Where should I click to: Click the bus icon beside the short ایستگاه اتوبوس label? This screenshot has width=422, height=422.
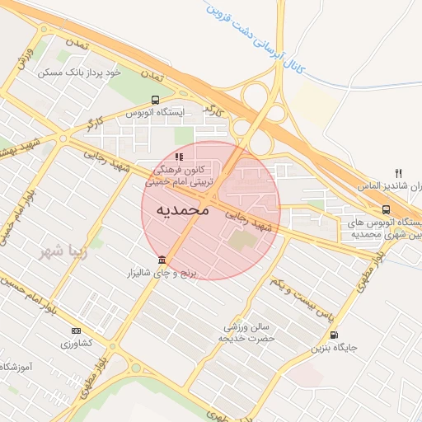click(x=155, y=100)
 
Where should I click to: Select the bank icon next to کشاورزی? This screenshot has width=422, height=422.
click(x=77, y=331)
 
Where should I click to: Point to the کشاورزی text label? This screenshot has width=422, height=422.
click(x=76, y=342)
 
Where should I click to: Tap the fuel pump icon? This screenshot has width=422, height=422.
click(x=333, y=335)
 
